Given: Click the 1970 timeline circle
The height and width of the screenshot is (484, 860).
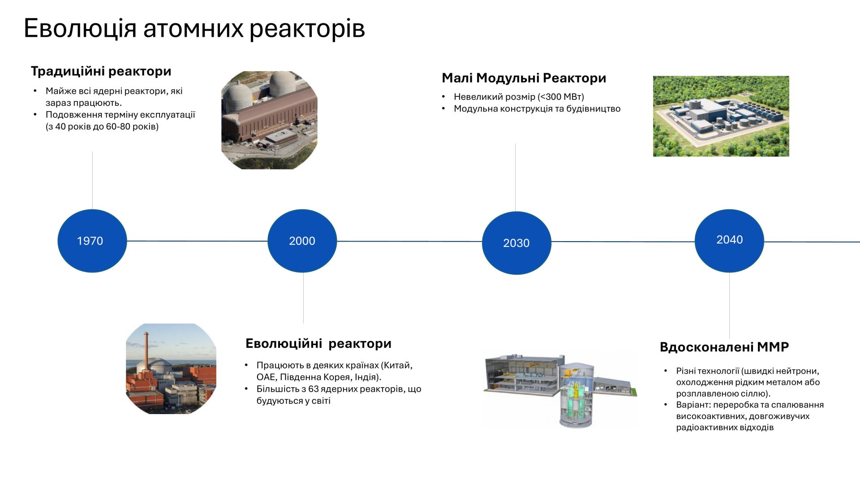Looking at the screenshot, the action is coord(92,241).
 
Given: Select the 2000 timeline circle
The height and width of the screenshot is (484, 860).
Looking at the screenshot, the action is coord(302,241).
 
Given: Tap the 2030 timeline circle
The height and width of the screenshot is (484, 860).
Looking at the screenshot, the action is coord(516,243).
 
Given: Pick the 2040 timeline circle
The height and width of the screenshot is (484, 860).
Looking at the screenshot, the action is coord(729,241).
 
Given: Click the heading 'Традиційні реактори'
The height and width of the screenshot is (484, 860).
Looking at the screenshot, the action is coord(101,71).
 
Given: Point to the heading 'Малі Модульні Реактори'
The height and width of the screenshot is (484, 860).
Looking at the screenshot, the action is coord(524,78).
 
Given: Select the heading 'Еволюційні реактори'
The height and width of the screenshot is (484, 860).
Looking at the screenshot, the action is coord(318,343).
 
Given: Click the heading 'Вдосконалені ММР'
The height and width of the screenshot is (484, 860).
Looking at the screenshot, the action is coord(724,347).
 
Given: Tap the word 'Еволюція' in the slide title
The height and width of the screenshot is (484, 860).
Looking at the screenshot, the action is coord(80,28).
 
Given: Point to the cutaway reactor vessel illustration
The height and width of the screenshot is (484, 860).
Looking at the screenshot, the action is coord(576,394).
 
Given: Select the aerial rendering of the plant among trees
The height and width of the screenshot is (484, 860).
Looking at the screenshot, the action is coord(721,116).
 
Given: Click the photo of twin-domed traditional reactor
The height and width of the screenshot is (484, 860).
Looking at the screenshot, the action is coord(270,120).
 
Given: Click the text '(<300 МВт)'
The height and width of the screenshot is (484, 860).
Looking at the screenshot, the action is coord(561,97).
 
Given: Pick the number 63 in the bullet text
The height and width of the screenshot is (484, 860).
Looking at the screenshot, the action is coord(314,389).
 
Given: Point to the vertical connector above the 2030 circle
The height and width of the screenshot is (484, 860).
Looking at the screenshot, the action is coord(515,177).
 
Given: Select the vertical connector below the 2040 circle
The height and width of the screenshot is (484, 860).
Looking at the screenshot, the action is coord(729,305).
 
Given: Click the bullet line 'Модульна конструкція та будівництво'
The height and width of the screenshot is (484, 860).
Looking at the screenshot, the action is coord(537,108).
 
